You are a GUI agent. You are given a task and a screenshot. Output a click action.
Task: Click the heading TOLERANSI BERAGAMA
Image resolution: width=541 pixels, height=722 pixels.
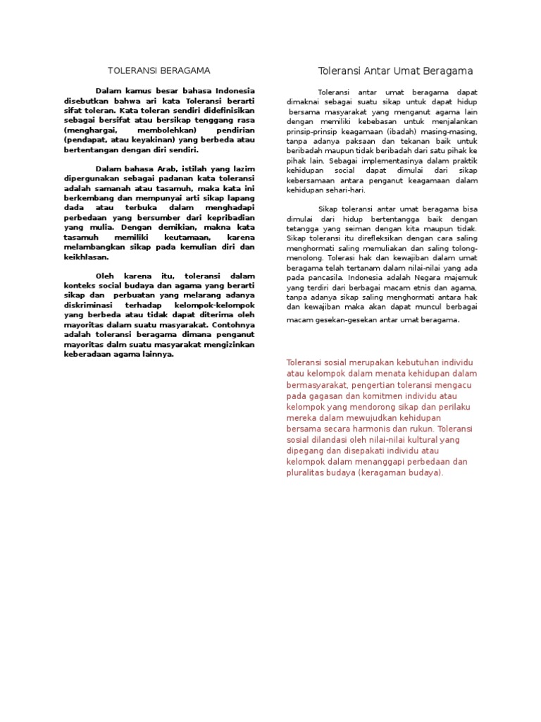pyautogui.click(x=158, y=71)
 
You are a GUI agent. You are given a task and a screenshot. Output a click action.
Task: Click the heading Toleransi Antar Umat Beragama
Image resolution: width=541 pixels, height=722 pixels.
pyautogui.click(x=395, y=71)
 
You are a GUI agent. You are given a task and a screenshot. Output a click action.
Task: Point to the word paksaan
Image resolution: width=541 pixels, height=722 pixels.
pyautogui.click(x=352, y=141)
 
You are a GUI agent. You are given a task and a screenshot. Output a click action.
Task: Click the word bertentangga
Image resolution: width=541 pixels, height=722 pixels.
pyautogui.click(x=394, y=219)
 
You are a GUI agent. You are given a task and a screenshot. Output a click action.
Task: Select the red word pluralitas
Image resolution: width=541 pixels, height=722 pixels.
pyautogui.click(x=307, y=472)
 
